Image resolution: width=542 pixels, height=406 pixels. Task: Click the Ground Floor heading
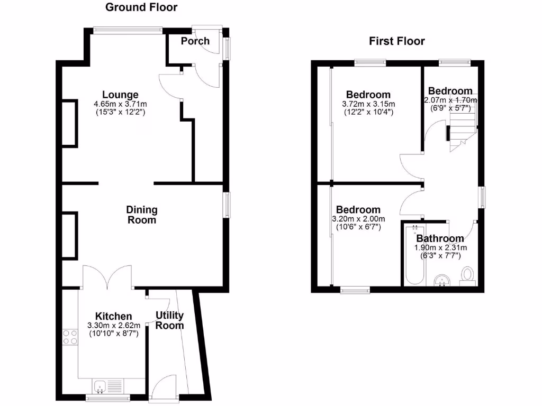coord(141,7)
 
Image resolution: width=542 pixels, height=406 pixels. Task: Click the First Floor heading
coord(397,41)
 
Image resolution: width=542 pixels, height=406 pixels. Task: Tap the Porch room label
coord(195,41)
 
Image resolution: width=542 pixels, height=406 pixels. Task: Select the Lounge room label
coord(121,95)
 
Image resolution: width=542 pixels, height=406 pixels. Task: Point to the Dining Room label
coord(141,215)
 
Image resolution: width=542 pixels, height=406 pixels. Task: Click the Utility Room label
coord(169,320)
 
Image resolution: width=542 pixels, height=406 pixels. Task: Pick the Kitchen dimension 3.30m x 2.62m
coord(114,325)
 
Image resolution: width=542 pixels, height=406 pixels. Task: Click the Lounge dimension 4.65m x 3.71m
coord(121,104)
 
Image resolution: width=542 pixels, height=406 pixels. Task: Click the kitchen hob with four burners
coord(70,337)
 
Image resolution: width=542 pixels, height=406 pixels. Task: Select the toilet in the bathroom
coord(467,275)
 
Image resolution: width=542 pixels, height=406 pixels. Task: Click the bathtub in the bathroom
coord(413,255)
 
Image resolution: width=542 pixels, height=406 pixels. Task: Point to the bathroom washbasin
coord(441,280)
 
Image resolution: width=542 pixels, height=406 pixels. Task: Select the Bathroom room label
coord(440,239)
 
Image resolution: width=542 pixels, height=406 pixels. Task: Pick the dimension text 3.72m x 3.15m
coord(368,104)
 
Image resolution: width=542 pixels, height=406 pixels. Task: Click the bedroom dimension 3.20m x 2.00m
coord(358,219)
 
